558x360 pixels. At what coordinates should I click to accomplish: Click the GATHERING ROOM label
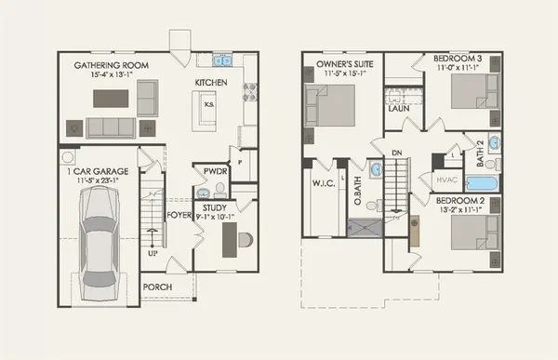(113, 66)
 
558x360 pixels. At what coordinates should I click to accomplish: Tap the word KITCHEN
(210, 83)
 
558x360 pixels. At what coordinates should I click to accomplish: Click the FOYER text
(179, 216)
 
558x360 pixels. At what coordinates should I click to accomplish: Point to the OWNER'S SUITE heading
(342, 64)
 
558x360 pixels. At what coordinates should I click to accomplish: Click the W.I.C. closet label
(325, 181)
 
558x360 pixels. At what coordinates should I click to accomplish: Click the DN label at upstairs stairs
(396, 152)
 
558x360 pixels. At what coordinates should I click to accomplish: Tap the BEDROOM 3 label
(458, 60)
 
